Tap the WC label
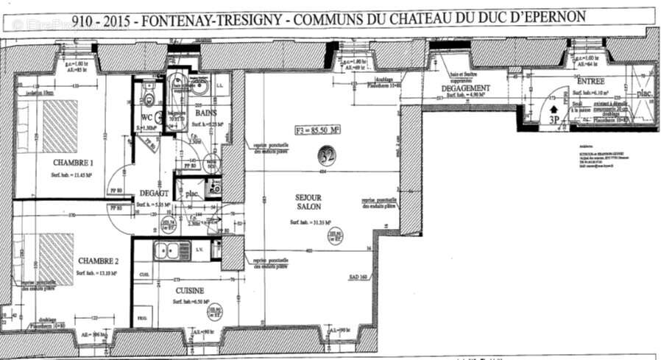point(146,117)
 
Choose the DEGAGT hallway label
point(153,194)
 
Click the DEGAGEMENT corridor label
point(466,88)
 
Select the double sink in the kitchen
point(172,251)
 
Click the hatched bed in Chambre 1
point(59,126)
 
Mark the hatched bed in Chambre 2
point(56,258)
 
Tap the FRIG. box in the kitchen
point(141,316)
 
